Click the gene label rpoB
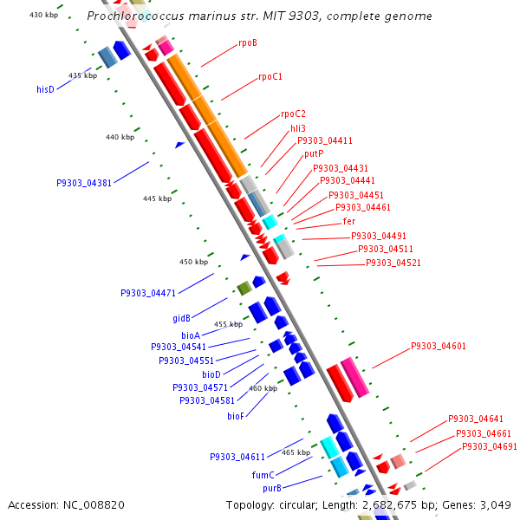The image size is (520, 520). pyautogui.click(x=247, y=42)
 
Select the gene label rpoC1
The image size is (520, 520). pyautogui.click(x=270, y=77)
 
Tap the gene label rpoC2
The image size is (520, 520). pyautogui.click(x=293, y=114)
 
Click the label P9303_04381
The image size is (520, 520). pyautogui.click(x=84, y=183)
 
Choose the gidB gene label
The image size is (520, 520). pyautogui.click(x=181, y=318)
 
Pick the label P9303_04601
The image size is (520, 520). pyautogui.click(x=438, y=347)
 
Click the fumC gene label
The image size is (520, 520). pyautogui.click(x=263, y=475)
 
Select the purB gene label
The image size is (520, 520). pyautogui.click(x=272, y=489)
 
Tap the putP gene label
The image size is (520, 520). pyautogui.click(x=314, y=153)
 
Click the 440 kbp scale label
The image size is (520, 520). pyautogui.click(x=120, y=137)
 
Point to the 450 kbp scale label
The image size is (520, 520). pyautogui.click(x=194, y=262)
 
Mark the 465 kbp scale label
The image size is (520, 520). pyautogui.click(x=296, y=452)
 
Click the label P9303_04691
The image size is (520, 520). pyautogui.click(x=489, y=446)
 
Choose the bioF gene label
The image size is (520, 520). pyautogui.click(x=236, y=416)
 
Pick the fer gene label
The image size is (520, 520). pyautogui.click(x=349, y=222)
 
